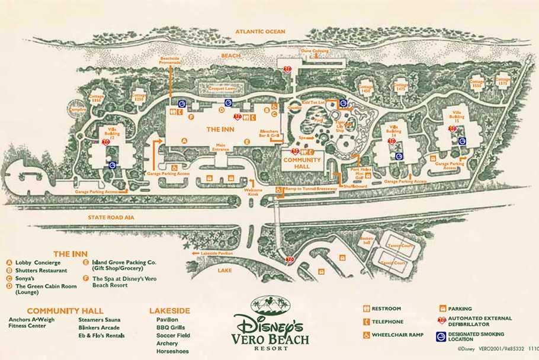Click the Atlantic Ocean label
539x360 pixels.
click(x=260, y=31)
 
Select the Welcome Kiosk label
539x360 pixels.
click(x=254, y=192)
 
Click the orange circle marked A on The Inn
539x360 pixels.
click(x=184, y=141)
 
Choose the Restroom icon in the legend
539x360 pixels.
click(x=367, y=308)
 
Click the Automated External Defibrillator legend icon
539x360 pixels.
click(x=441, y=321)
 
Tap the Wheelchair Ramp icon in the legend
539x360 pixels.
click(x=367, y=335)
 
